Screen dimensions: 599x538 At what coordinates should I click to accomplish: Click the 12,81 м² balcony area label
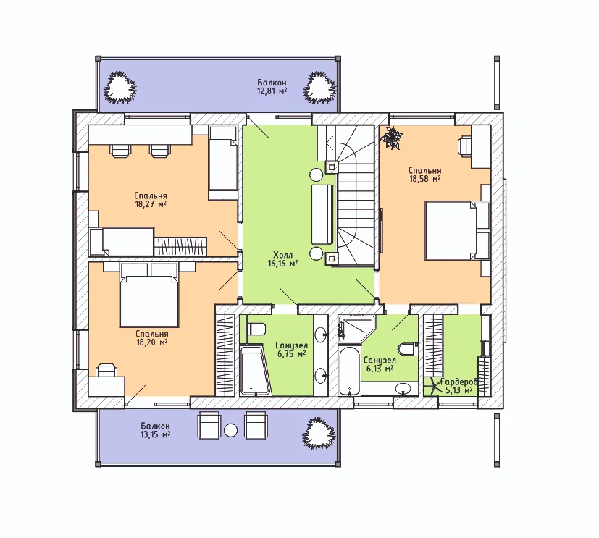click(x=272, y=87)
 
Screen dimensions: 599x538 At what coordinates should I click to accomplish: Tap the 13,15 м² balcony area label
click(x=155, y=430)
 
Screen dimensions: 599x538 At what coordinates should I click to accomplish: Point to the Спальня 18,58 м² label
click(x=424, y=175)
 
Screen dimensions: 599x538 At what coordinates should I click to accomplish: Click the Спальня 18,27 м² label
click(x=151, y=200)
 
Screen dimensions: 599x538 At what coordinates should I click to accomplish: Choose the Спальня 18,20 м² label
click(x=151, y=338)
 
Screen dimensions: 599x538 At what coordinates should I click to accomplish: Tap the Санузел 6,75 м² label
click(x=291, y=350)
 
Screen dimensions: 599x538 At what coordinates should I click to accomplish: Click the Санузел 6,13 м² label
click(x=380, y=364)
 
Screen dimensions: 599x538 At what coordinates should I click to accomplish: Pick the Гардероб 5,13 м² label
click(x=459, y=386)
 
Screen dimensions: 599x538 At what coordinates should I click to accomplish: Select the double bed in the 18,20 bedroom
click(x=149, y=295)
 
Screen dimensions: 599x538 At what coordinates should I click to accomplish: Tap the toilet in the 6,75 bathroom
click(x=256, y=328)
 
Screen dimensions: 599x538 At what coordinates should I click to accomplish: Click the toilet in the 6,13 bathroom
click(x=407, y=348)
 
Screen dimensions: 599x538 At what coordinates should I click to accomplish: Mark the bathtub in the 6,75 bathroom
click(x=255, y=370)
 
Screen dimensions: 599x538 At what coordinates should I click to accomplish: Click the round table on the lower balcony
click(x=231, y=430)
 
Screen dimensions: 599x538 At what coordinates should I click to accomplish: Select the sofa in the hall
click(x=323, y=214)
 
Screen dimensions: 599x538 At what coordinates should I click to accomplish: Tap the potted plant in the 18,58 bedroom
click(x=392, y=138)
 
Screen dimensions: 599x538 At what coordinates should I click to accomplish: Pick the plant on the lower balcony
click(x=319, y=433)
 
